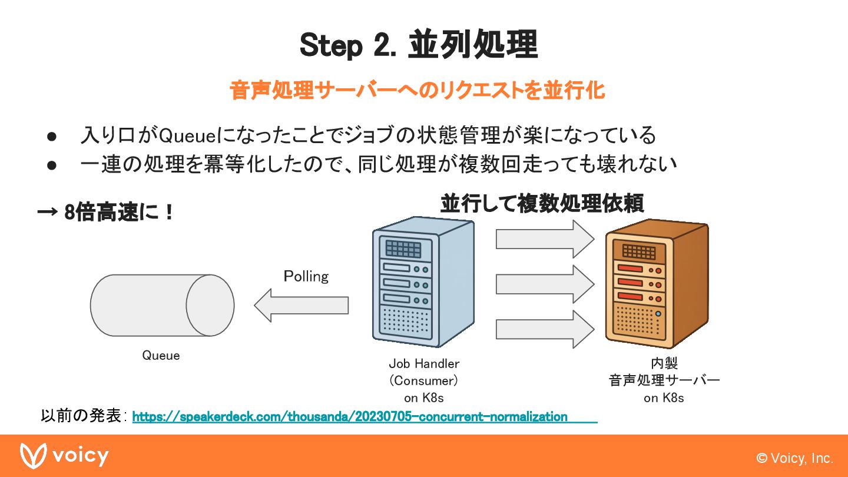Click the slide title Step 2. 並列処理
418,45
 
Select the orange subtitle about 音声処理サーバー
417,91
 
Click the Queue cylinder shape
162,305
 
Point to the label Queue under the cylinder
161,356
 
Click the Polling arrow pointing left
301,305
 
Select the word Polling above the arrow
306,276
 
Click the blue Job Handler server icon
423,283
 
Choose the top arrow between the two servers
544,238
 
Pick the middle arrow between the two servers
544,284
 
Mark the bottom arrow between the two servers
544,329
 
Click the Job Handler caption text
423,363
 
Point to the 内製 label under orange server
664,363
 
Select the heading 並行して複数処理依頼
542,203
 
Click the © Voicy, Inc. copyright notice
794,458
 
